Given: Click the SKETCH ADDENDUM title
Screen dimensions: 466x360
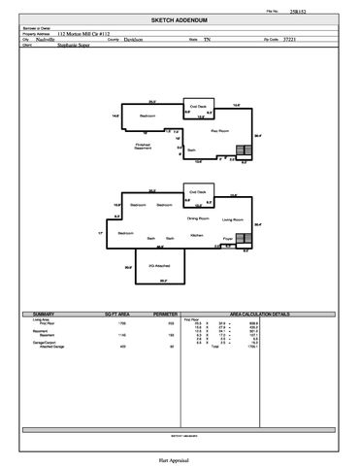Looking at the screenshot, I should (x=180, y=19).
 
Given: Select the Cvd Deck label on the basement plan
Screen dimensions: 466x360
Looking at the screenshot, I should (x=198, y=106).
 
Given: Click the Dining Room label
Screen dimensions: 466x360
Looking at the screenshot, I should (x=198, y=219).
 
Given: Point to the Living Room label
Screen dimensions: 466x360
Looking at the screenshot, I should (x=233, y=219).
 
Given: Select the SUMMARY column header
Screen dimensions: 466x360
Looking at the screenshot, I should (x=44, y=315).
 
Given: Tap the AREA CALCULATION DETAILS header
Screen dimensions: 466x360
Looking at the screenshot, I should (x=259, y=315).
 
